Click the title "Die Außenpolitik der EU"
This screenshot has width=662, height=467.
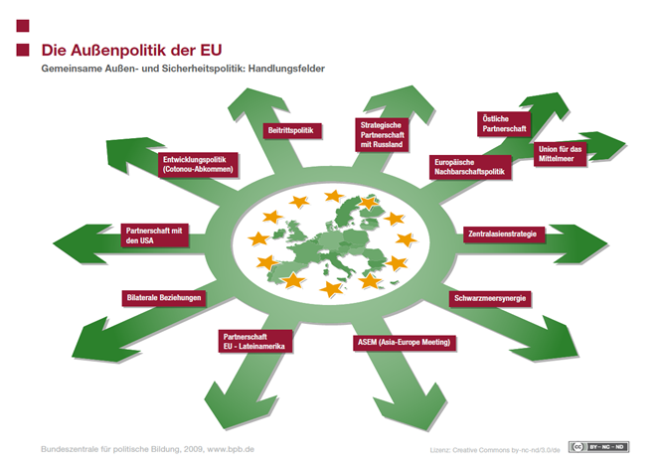[131, 51]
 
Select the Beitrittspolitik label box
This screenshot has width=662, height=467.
[291, 131]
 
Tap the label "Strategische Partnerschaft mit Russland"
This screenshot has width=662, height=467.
[382, 134]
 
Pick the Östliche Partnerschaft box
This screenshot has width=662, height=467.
[504, 124]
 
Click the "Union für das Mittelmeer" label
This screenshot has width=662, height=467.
[560, 154]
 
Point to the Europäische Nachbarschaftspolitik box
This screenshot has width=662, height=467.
[469, 167]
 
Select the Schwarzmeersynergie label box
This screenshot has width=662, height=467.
[490, 299]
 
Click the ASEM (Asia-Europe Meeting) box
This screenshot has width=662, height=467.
[404, 342]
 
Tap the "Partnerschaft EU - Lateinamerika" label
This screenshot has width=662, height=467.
[255, 341]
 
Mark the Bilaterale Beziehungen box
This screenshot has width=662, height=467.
[164, 298]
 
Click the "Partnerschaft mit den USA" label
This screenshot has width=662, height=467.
[154, 235]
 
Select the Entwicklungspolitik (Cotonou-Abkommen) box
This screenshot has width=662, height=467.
[198, 165]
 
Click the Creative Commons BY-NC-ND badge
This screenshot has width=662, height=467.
[598, 447]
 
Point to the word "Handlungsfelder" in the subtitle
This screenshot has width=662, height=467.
[286, 69]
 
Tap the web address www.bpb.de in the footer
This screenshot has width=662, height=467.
[231, 449]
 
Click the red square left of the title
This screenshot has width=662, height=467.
[23, 51]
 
